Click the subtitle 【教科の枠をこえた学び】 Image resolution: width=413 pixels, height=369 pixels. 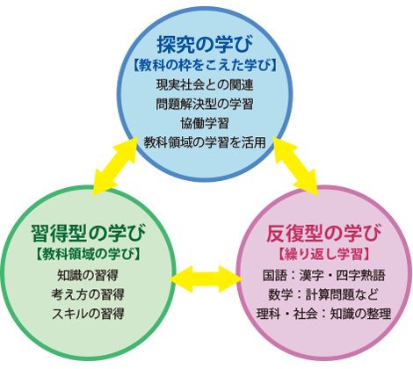tap(206, 64)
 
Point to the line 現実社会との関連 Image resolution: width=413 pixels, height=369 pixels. tap(206, 84)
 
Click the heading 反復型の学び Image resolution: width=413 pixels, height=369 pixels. tap(326, 233)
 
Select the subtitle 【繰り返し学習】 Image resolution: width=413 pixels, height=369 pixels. tap(326, 254)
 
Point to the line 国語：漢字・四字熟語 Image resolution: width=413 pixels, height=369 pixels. tap(326, 275)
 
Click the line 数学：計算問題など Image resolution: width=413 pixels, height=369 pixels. tap(326, 294)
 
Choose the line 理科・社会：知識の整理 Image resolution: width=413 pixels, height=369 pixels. tap(326, 314)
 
